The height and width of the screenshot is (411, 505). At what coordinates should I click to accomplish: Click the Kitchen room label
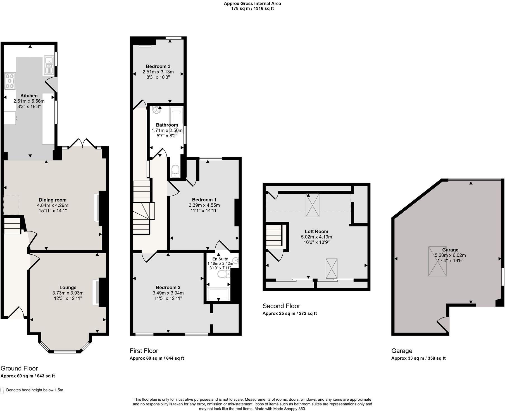tap(29, 96)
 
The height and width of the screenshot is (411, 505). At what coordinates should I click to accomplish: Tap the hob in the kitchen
tap(10, 81)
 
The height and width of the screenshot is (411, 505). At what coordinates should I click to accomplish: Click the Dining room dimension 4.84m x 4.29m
tap(53, 205)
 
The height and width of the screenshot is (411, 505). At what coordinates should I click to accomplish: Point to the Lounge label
tap(68, 288)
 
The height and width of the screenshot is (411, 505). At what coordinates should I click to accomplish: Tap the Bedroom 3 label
tap(158, 66)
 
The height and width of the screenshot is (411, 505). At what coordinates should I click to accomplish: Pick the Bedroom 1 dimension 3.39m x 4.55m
tap(204, 205)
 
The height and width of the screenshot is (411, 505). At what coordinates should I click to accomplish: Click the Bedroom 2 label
tap(168, 288)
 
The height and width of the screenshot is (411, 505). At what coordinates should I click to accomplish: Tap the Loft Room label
tap(316, 231)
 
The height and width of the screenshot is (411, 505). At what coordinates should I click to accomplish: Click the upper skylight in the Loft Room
tap(312, 205)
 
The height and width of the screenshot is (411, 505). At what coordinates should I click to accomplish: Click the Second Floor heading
tap(281, 306)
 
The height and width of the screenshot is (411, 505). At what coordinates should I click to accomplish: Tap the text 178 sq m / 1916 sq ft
tap(252, 8)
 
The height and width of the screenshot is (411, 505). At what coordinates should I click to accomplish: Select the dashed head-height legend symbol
tap(2, 390)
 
